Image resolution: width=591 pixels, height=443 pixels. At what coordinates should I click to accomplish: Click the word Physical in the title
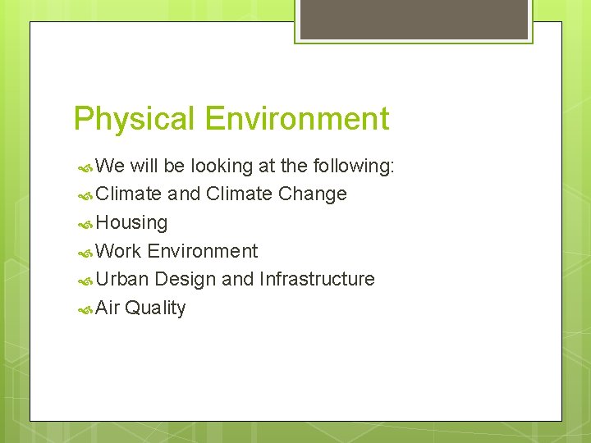click(x=135, y=120)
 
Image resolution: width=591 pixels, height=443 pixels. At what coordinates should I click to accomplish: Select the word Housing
click(x=131, y=223)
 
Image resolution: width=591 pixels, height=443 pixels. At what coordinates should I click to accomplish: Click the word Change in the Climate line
click(x=312, y=194)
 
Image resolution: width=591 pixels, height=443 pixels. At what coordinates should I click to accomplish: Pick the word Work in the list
click(x=118, y=251)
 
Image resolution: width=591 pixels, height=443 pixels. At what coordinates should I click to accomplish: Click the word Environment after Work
click(x=203, y=251)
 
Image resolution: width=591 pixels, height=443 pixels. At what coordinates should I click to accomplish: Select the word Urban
click(x=122, y=280)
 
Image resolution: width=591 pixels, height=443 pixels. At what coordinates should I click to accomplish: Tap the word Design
click(x=185, y=280)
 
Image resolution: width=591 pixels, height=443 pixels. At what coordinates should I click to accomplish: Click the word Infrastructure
click(x=317, y=280)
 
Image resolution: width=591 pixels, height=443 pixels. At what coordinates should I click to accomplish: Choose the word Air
click(x=108, y=308)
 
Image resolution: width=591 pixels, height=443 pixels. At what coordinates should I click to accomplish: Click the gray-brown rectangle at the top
click(x=414, y=19)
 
